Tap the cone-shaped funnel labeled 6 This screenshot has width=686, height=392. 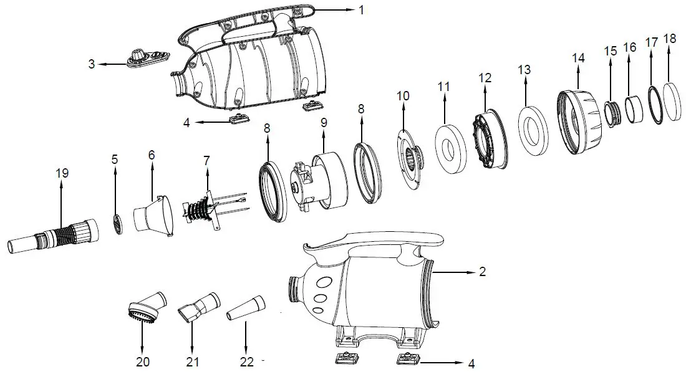(x=152, y=216)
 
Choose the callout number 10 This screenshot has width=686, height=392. (x=403, y=96)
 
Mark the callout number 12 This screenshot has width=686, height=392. (x=485, y=78)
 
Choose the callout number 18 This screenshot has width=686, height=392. (x=670, y=39)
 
